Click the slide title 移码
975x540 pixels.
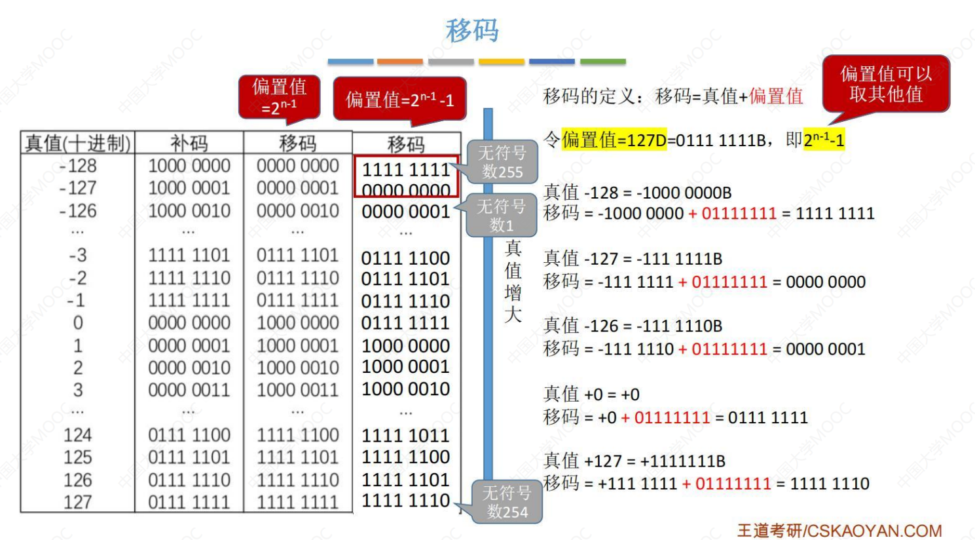(472, 30)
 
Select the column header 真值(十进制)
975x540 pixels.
(77, 143)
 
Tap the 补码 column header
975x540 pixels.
(189, 143)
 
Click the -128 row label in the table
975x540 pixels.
(78, 166)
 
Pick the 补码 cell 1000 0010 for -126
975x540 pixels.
(189, 211)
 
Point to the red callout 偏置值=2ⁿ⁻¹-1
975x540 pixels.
(399, 100)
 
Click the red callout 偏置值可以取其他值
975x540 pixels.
(885, 84)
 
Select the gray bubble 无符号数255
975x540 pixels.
(502, 162)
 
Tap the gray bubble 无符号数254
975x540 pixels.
(507, 502)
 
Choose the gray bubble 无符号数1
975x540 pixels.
(501, 216)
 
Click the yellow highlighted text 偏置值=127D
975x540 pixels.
(614, 140)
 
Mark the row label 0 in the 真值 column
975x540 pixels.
(78, 323)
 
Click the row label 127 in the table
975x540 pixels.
(78, 503)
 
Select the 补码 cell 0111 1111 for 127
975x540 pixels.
(189, 503)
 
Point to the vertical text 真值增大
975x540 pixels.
(513, 281)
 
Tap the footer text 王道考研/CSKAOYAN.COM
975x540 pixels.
(839, 530)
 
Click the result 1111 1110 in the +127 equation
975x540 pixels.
(830, 484)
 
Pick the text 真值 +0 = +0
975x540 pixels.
(591, 395)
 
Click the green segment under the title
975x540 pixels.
(603, 62)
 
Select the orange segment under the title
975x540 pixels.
(400, 62)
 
